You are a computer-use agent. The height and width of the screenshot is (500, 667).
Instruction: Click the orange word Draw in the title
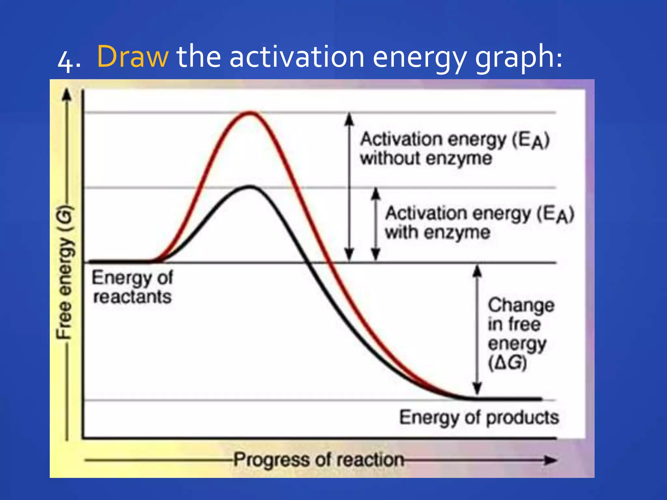point(133,57)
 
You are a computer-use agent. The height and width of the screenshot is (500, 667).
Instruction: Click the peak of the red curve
point(250,113)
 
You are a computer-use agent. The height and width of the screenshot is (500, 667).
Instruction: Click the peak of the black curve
point(250,187)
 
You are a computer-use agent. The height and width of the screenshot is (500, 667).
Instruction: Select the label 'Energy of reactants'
point(132,287)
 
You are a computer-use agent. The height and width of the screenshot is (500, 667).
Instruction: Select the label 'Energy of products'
point(479,418)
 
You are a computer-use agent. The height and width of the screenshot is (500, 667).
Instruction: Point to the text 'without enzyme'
point(426,159)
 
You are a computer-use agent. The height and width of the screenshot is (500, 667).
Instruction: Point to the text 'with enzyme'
point(437,232)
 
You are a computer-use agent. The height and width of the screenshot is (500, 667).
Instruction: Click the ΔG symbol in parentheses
point(507,363)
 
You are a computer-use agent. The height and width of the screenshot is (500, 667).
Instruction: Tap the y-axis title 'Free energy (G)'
point(64,272)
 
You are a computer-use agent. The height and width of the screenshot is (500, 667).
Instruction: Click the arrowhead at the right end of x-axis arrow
point(551,460)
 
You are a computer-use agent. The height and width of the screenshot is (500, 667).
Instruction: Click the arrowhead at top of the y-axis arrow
point(67,95)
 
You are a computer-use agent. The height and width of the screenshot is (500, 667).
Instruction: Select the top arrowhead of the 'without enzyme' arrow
point(349,118)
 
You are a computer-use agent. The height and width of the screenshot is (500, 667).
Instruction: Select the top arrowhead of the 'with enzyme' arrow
point(376,193)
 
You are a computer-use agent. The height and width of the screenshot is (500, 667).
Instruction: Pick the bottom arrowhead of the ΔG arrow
point(477,388)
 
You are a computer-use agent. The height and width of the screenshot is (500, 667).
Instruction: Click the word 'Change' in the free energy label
point(521,305)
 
